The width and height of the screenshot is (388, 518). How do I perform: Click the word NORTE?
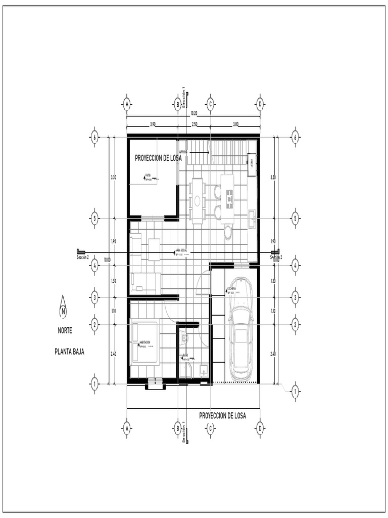pyautogui.click(x=64, y=331)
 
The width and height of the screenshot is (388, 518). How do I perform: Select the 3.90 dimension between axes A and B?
pyautogui.click(x=152, y=124)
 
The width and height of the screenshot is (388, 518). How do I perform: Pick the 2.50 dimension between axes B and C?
pyautogui.click(x=193, y=124)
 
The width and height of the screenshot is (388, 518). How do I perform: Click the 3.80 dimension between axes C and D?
pyautogui.click(x=235, y=124)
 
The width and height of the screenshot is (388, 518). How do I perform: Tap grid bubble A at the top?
pyautogui.click(x=127, y=104)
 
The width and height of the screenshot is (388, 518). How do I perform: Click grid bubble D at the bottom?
pyautogui.click(x=260, y=428)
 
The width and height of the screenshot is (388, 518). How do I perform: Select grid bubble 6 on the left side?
pyautogui.click(x=94, y=137)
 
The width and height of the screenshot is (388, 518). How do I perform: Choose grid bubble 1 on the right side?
pyautogui.click(x=296, y=391)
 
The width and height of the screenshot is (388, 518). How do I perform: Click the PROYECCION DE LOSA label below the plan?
pyautogui.click(x=222, y=416)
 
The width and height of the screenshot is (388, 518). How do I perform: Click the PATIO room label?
pyautogui.click(x=148, y=176)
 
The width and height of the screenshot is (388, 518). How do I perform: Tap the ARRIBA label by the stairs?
pyautogui.click(x=183, y=152)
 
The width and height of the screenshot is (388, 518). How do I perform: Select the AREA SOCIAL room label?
pyautogui.click(x=181, y=250)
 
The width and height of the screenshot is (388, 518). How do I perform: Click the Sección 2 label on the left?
pyautogui.click(x=82, y=257)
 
